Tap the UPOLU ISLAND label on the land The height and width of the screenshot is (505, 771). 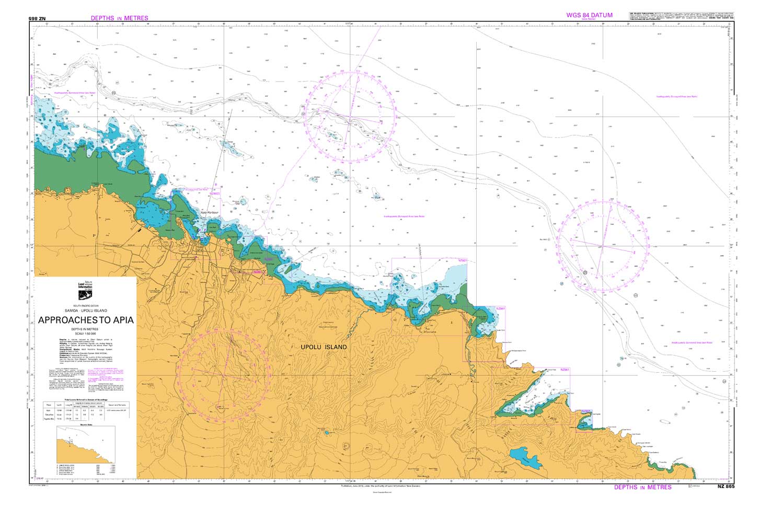point(324,347)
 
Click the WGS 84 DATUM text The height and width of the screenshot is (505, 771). point(589,15)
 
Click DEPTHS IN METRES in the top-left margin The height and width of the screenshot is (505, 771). point(119,18)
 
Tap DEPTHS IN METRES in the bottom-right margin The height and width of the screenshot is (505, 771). point(642,487)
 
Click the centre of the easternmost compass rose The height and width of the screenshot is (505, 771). point(604,246)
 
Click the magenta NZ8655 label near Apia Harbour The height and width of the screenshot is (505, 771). point(215,193)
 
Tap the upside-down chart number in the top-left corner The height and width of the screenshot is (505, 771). point(38,18)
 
